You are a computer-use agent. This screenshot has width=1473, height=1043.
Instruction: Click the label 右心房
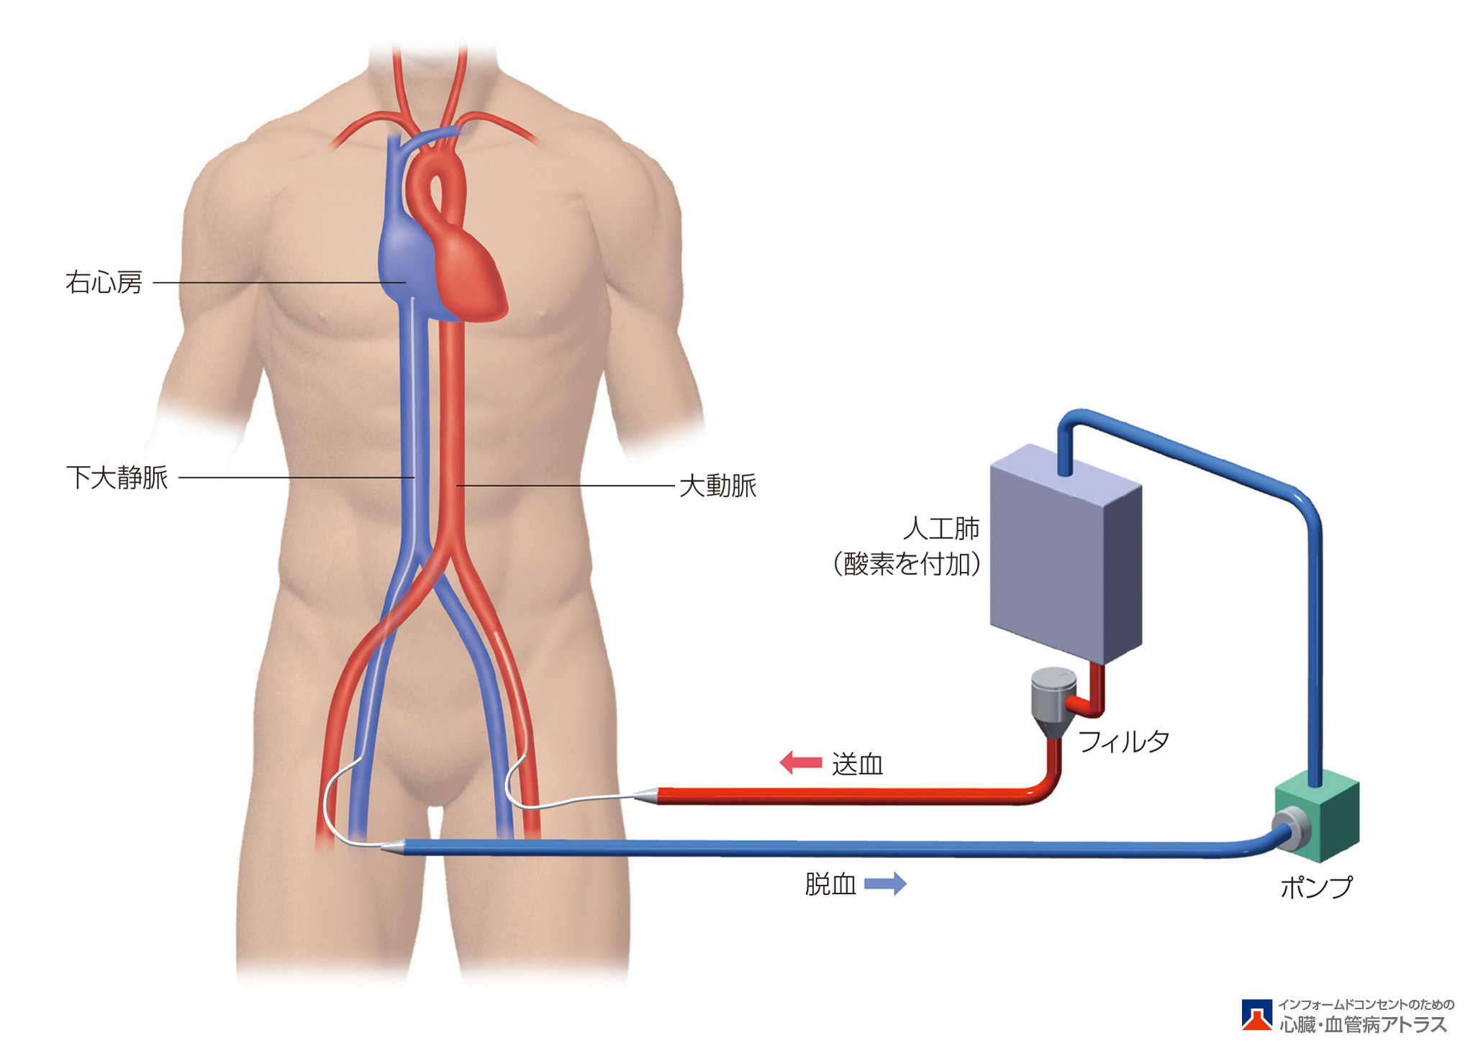(104, 283)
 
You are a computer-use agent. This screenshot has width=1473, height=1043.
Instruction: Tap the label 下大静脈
(117, 478)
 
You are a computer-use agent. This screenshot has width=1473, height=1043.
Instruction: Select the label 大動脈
(717, 486)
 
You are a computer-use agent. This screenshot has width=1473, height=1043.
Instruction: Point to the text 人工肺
(941, 529)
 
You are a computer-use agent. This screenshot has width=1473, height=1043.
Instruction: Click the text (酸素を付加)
(907, 565)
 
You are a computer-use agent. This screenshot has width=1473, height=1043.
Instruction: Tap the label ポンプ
(1315, 887)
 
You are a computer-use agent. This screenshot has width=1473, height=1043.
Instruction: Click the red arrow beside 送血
(800, 762)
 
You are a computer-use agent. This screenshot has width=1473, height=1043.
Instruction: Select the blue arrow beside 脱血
(885, 883)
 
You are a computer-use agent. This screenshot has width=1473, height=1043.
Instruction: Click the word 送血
(857, 764)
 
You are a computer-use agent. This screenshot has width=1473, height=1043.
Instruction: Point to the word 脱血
(830, 884)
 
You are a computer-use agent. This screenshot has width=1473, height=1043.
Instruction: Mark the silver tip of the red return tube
(645, 796)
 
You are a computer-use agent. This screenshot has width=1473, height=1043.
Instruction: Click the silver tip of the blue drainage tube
(392, 848)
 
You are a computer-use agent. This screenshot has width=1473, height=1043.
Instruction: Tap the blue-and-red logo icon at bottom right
(1256, 1014)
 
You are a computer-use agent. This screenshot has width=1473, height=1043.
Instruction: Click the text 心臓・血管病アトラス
(1363, 1024)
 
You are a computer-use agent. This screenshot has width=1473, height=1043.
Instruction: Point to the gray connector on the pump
(1291, 826)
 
